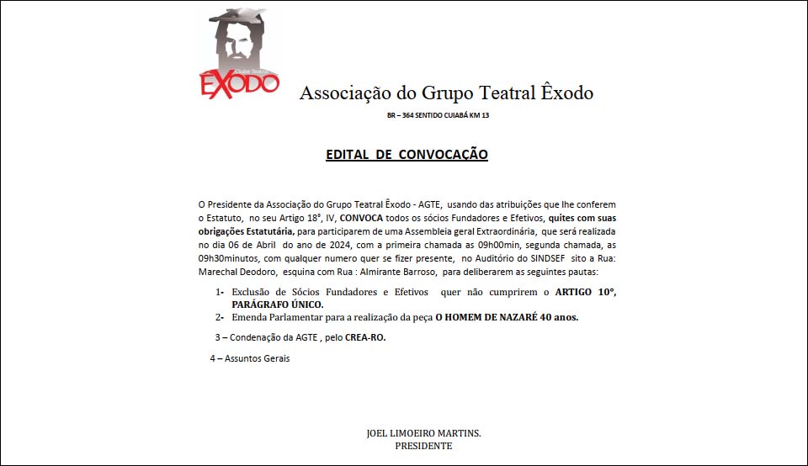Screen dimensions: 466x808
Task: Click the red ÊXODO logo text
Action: point(239,84)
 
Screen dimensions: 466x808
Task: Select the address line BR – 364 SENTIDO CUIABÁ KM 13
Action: point(438,115)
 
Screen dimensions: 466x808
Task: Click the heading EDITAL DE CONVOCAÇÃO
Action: point(407,155)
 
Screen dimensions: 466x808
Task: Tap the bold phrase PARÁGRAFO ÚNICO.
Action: point(278,304)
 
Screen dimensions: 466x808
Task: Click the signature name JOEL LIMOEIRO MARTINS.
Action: point(423,433)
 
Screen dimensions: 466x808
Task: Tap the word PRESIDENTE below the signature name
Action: point(423,446)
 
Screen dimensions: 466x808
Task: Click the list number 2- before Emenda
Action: point(219,317)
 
